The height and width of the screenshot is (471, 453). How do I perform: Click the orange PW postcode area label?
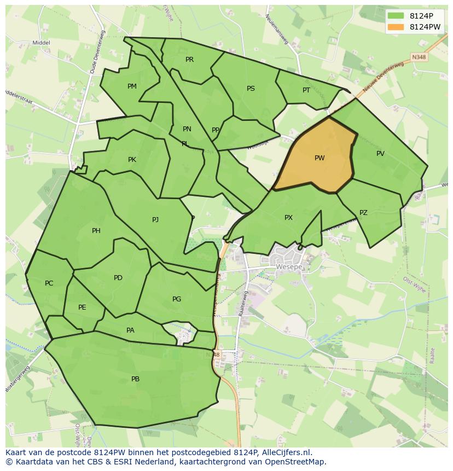(320, 158)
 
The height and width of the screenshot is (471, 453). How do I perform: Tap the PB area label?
(135, 379)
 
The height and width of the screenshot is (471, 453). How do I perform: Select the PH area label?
(96, 231)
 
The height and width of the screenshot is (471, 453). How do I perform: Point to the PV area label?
(380, 154)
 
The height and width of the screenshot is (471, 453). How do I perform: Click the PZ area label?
(363, 213)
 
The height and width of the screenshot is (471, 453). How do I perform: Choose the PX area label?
(288, 218)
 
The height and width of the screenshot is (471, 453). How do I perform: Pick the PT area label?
(306, 90)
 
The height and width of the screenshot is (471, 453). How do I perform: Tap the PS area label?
(251, 89)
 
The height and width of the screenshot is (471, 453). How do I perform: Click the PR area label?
(189, 60)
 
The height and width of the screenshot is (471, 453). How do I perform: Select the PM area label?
(132, 86)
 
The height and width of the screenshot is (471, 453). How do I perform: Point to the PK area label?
(132, 160)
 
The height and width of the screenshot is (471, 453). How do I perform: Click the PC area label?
(49, 283)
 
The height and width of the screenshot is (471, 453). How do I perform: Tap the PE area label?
(82, 307)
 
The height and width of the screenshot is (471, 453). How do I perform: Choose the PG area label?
(177, 299)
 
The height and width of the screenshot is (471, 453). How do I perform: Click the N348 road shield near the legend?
(419, 57)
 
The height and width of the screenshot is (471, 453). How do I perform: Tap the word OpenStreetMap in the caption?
(296, 462)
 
